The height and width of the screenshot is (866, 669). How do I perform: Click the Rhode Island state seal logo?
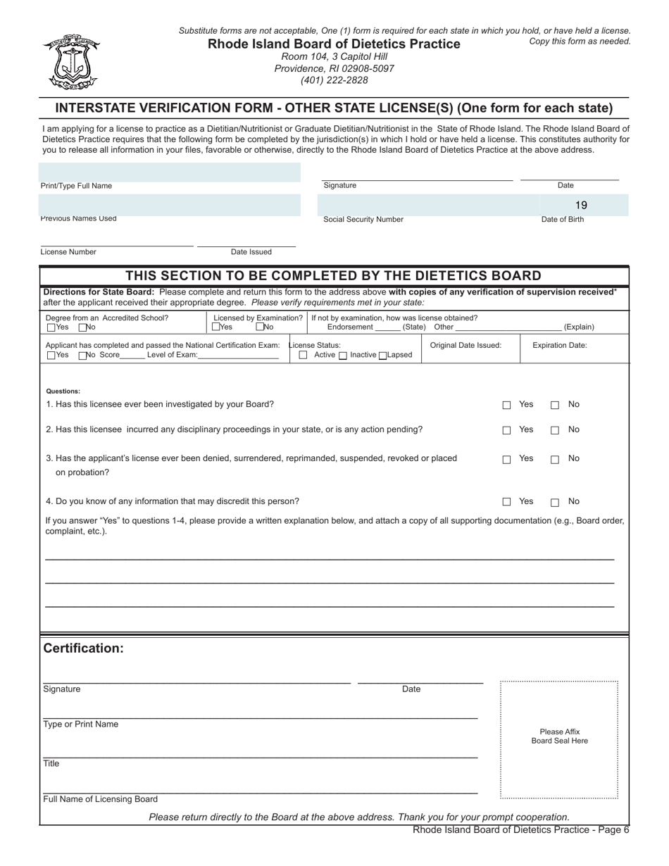(x=71, y=62)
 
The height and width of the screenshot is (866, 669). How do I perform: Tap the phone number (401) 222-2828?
(x=334, y=80)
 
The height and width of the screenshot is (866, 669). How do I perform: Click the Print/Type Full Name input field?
(x=170, y=172)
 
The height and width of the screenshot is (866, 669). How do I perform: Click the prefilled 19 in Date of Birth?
(x=580, y=205)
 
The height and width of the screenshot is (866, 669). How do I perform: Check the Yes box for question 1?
(x=506, y=406)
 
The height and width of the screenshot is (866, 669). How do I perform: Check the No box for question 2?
(x=555, y=430)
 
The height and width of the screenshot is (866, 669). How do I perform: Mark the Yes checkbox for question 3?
(x=506, y=460)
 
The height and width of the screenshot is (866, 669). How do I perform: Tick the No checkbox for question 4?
(x=555, y=503)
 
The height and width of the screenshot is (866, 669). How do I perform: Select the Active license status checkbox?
(x=304, y=356)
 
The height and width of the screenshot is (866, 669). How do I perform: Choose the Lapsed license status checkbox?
(x=383, y=356)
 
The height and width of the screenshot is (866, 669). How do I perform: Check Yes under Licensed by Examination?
(x=215, y=327)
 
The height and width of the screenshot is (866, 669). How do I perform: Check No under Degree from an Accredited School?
(x=82, y=327)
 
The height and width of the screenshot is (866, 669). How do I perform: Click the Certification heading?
(x=83, y=648)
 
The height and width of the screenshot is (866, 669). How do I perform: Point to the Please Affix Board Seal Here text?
(x=559, y=736)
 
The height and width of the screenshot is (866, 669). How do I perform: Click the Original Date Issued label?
(x=465, y=345)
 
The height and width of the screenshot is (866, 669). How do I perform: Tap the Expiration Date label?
(x=559, y=345)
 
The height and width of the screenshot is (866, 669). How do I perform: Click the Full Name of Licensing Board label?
(x=100, y=799)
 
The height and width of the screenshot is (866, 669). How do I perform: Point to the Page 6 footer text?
(x=520, y=830)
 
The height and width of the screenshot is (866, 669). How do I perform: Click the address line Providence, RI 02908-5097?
(x=334, y=68)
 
